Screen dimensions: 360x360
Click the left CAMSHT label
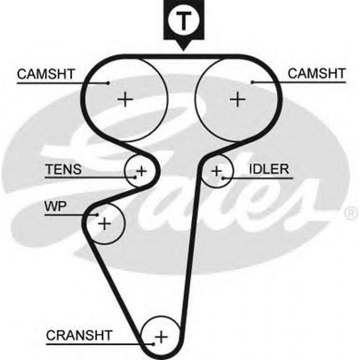click(x=46, y=74)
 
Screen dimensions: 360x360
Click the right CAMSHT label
click(x=316, y=74)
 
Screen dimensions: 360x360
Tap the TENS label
click(x=64, y=169)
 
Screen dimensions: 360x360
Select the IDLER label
click(x=269, y=169)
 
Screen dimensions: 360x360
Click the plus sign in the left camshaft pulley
click(x=125, y=98)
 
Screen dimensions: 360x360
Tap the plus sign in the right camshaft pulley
click(x=237, y=98)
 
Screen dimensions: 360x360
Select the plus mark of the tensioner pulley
click(x=141, y=170)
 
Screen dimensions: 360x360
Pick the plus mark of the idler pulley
click(x=217, y=171)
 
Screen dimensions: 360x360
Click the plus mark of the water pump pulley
click(x=104, y=223)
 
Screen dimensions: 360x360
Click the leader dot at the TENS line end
click(x=135, y=178)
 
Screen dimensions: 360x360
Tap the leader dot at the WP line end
click(x=97, y=215)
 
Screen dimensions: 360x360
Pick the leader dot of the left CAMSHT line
click(x=109, y=83)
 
